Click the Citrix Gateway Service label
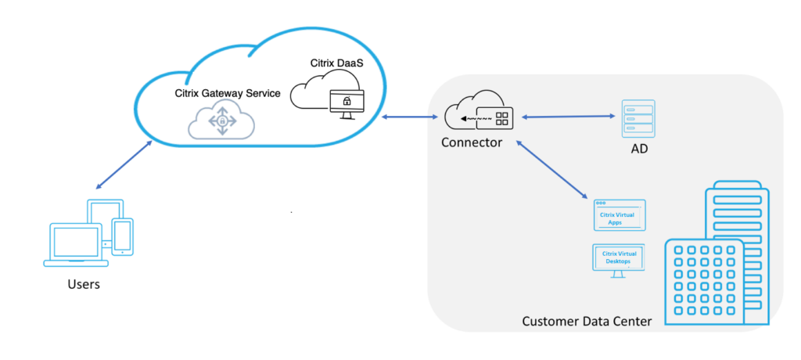pos(227,93)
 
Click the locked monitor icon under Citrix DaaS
pos(345,103)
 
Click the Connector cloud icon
pos(478,117)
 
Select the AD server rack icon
pos(638,119)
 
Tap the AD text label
pos(639,149)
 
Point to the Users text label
pos(83,284)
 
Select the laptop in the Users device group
pos(75,243)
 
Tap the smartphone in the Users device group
pos(122,236)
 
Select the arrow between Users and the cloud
pos(123,165)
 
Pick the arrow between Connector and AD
pos(569,117)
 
